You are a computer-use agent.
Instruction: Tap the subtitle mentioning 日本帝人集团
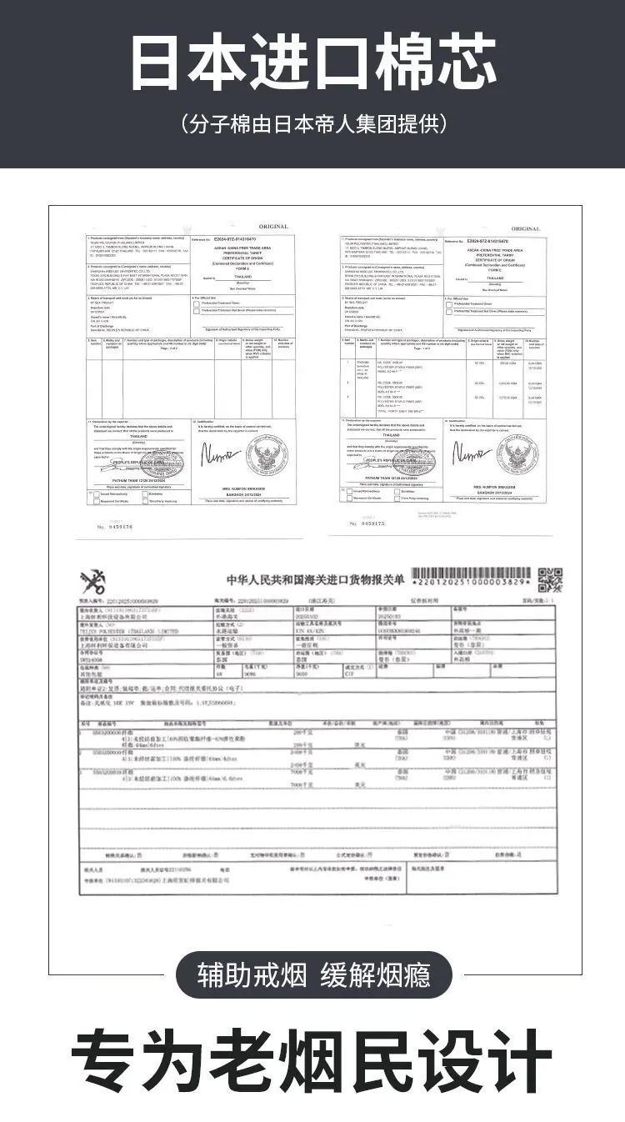pos(313,125)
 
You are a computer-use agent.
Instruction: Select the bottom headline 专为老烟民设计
pos(312,1064)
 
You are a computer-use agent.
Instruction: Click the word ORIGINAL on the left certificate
pos(272,227)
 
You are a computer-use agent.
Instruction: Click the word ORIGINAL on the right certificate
pos(525,228)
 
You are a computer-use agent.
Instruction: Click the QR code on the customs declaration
pos(550,579)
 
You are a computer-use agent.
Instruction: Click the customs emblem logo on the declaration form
pos(93,583)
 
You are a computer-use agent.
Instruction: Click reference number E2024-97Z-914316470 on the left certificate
pos(235,239)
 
